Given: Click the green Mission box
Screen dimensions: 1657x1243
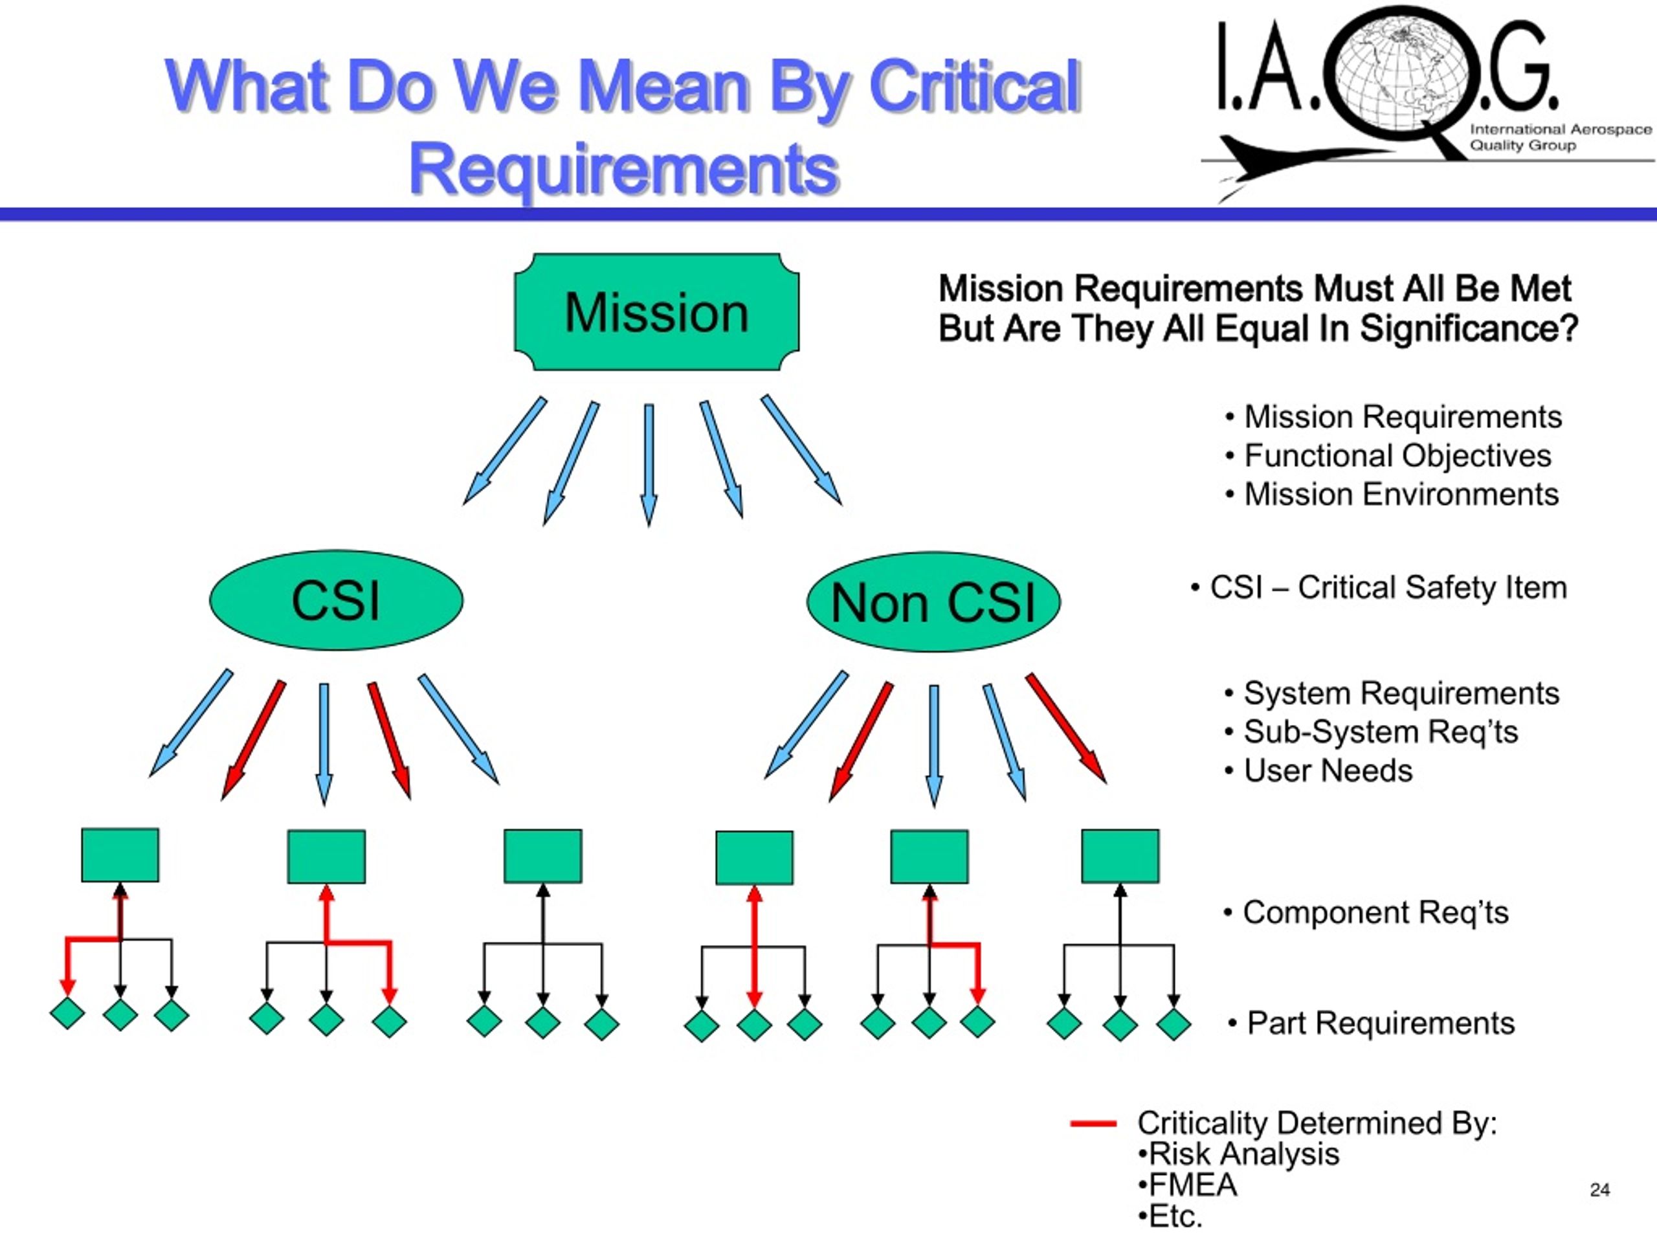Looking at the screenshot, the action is click(656, 311).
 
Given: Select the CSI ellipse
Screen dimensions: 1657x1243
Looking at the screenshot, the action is click(337, 600).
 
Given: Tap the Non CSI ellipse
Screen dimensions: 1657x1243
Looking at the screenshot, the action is click(933, 602).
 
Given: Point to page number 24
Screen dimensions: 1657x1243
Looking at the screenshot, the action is click(1599, 1190).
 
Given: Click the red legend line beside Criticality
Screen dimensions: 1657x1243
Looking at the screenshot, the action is click(1094, 1123).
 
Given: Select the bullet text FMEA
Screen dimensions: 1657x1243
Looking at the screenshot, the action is click(1187, 1185).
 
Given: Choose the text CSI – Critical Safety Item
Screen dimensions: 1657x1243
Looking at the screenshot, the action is click(1379, 587).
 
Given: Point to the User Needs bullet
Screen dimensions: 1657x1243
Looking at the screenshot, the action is click(1318, 770).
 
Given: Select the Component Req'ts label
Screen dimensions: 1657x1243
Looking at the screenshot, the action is click(1366, 913).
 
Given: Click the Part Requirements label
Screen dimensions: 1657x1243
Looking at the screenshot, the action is click(1371, 1024).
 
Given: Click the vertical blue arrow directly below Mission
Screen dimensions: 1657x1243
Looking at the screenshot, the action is click(649, 465).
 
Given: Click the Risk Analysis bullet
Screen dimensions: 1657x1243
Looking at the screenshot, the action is click(1238, 1154).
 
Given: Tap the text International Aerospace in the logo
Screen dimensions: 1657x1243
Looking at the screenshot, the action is click(1561, 129).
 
